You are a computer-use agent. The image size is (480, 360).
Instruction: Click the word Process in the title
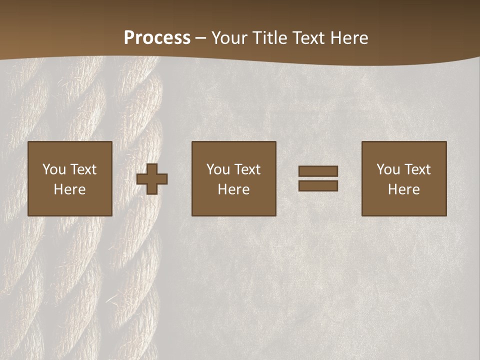tap(157, 38)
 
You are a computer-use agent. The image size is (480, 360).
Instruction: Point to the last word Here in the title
tap(349, 38)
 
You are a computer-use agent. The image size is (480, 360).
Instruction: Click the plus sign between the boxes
tap(152, 178)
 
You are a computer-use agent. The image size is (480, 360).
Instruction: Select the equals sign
tap(318, 178)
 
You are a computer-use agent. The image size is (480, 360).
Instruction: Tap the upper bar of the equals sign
tap(318, 171)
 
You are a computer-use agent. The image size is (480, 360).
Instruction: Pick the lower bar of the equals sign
tap(318, 185)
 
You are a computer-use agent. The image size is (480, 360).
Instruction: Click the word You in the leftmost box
tap(54, 169)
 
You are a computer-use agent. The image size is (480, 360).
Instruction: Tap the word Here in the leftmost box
tap(70, 189)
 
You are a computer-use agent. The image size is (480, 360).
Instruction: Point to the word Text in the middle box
tap(247, 169)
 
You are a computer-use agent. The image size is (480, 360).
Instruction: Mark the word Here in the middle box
tap(234, 189)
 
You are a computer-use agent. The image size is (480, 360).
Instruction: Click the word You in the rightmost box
tap(388, 169)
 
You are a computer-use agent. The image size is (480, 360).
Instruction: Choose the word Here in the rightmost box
tap(404, 189)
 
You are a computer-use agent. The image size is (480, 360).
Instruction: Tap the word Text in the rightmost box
tap(417, 169)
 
